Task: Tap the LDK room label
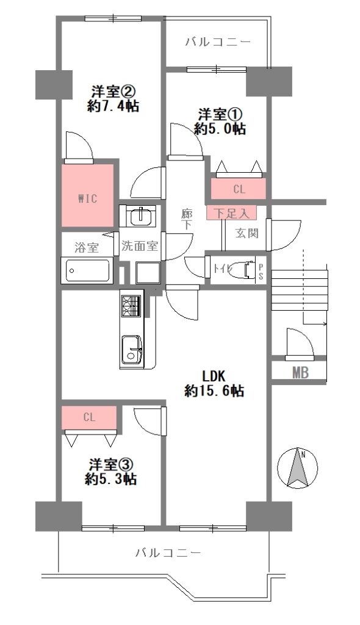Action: point(214,375)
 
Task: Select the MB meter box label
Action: point(300,373)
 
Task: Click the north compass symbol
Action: point(297,468)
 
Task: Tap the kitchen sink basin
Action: point(131,349)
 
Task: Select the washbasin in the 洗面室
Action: point(140,215)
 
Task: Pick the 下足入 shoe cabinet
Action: point(231,212)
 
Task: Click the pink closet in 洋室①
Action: point(239,189)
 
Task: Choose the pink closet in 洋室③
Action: point(89,417)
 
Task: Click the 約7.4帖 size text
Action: point(113,106)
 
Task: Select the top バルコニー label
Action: point(218,42)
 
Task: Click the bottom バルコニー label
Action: point(168,553)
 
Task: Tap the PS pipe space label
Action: point(261,271)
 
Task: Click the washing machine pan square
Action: point(148,272)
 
